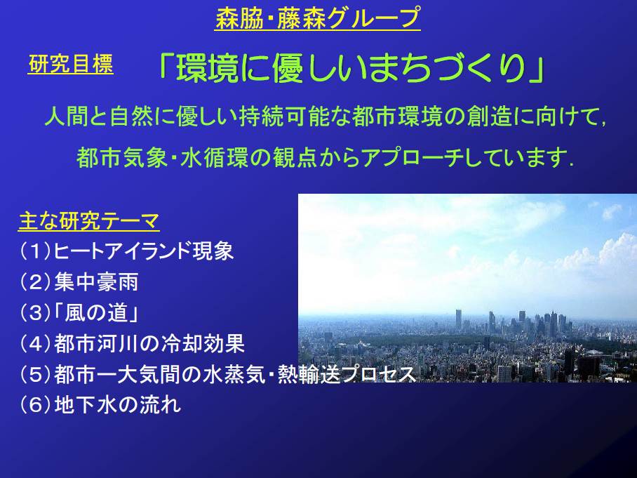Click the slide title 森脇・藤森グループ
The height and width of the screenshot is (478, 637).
tap(318, 18)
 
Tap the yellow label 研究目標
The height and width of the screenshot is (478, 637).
tap(71, 64)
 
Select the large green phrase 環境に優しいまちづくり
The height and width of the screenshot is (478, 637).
tap(351, 67)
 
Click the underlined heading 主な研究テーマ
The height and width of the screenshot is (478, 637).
tap(89, 221)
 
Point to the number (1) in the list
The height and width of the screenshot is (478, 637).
tap(35, 251)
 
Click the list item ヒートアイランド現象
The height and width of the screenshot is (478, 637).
tap(143, 251)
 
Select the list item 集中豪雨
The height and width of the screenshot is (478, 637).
tap(96, 282)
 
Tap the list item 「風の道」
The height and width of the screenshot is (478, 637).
tap(96, 313)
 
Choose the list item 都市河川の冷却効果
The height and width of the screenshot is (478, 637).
tap(149, 343)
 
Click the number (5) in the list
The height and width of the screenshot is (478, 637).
tap(35, 374)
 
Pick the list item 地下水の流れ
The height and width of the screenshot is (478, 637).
tap(117, 405)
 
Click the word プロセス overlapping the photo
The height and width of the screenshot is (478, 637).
tap(378, 374)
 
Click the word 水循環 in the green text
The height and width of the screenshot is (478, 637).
tap(214, 158)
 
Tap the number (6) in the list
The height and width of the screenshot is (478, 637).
tap(35, 405)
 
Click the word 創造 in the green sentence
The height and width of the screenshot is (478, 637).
tap(489, 117)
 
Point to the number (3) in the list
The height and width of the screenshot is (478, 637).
tap(35, 313)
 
